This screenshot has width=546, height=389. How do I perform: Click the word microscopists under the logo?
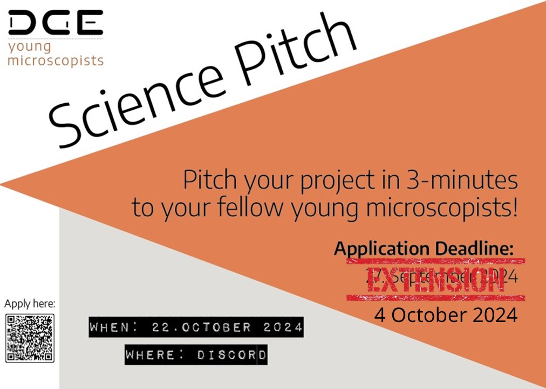pos(55,60)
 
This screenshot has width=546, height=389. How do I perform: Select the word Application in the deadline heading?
pos(380,249)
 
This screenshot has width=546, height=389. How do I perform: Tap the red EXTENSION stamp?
pos(436,279)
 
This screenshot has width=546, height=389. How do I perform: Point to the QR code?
pos(30,338)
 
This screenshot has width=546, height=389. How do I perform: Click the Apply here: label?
pos(30,304)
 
